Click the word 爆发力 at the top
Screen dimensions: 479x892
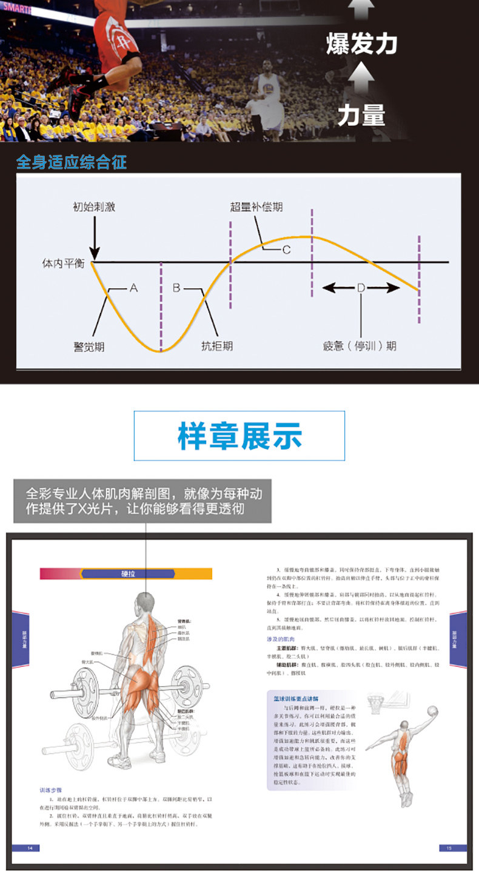tap(361, 44)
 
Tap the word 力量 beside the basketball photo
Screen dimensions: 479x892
tap(361, 114)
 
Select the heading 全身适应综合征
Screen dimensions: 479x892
tap(72, 162)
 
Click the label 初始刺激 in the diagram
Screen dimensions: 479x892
tap(93, 207)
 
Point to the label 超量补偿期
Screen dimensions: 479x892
tap(256, 206)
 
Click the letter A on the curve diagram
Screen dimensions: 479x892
tap(133, 288)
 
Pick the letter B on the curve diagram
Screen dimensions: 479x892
tap(176, 288)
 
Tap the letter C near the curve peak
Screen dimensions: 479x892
tap(286, 249)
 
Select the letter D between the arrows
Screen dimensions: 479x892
tap(361, 288)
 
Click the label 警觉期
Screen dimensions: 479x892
tap(89, 346)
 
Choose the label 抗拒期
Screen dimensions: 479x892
tap(216, 346)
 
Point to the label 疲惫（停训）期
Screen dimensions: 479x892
tap(360, 346)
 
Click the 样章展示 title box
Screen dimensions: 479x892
tap(239, 436)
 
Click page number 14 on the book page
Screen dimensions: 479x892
tap(28, 848)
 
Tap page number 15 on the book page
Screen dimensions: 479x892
tap(449, 848)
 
